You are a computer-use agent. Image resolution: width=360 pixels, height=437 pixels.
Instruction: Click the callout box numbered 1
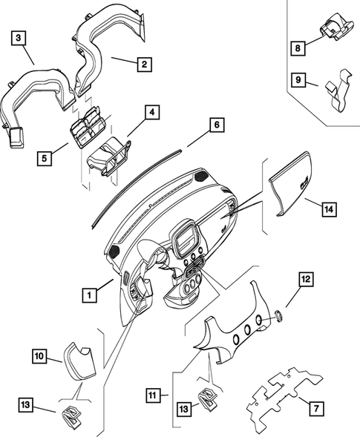(90, 295)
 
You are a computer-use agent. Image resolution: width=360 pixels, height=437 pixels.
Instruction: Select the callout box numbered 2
(144, 65)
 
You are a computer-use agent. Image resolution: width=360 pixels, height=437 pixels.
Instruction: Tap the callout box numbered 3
(19, 38)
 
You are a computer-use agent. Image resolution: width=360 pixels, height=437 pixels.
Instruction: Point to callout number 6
(217, 125)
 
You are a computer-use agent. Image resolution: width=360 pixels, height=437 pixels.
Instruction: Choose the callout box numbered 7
(316, 409)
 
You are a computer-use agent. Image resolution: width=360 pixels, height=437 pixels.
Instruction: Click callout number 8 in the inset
(298, 48)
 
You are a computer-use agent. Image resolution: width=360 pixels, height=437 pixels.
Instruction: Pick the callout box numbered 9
(298, 80)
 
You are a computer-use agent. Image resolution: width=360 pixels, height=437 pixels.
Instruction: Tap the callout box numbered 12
(306, 279)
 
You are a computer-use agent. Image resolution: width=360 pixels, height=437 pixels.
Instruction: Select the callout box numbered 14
(330, 209)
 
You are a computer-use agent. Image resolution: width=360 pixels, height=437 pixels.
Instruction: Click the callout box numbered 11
(153, 395)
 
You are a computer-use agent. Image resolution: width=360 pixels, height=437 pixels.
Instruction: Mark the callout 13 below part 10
(26, 405)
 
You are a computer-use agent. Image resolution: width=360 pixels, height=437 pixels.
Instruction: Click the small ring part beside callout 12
(279, 315)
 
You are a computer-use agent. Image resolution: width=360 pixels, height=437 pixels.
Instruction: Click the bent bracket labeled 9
(338, 91)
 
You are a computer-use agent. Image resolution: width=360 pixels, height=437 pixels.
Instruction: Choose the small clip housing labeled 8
(337, 27)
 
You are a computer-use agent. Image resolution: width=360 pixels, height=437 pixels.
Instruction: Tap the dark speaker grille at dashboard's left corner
(114, 252)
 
